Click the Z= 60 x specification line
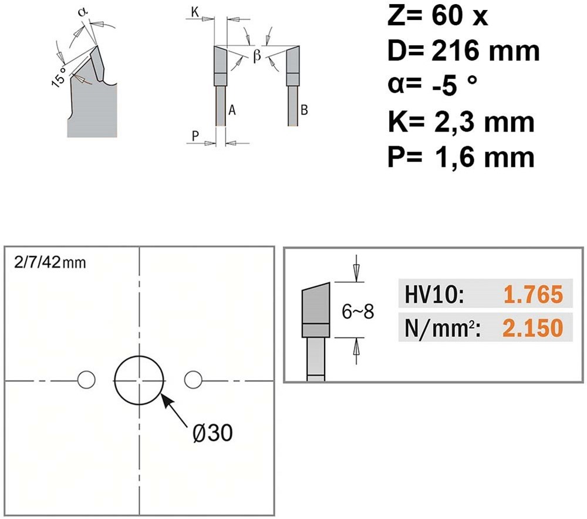pos(438,16)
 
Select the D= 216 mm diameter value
pos(464,51)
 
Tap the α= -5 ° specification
pos(433,85)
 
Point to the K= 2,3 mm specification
pos(461,122)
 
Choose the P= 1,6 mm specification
pos(461,157)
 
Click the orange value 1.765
pos(533,294)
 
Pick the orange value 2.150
pos(533,328)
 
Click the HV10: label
pos(434,294)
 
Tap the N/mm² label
pos(443,328)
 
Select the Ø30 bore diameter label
pos(212,433)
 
